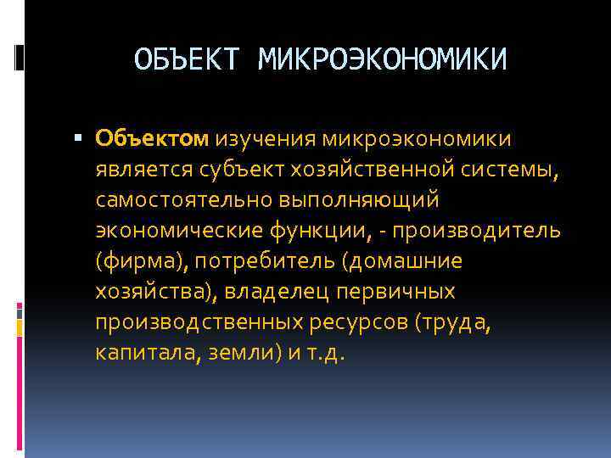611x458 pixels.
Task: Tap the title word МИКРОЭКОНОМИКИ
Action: pyautogui.click(x=383, y=59)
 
